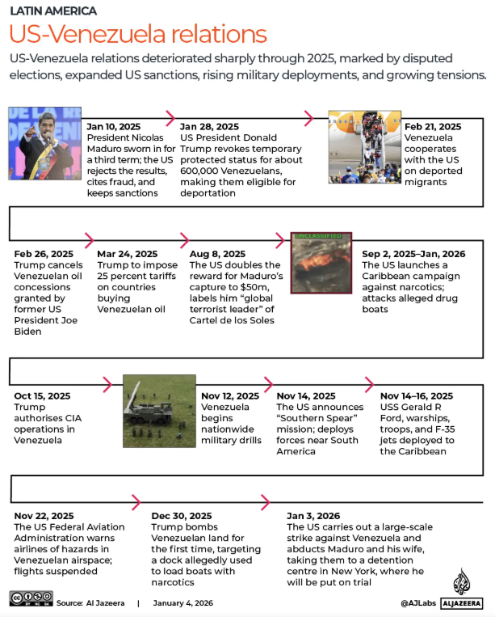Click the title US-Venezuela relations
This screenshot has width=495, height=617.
click(138, 35)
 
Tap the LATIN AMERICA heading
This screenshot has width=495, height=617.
click(53, 11)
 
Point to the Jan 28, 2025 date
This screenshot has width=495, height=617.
click(209, 127)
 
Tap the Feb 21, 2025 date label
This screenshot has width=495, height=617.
click(433, 127)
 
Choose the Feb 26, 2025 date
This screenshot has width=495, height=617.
click(44, 254)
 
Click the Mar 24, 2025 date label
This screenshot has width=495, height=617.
click(128, 254)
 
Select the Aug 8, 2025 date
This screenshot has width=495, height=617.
click(217, 254)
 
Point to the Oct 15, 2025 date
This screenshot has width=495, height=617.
click(43, 396)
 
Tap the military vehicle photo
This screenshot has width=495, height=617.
click(159, 410)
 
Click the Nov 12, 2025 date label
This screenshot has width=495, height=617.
click(230, 396)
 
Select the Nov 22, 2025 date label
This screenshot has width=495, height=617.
click(44, 515)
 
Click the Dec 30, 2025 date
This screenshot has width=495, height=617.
click(182, 515)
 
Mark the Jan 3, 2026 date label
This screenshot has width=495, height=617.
click(313, 515)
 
